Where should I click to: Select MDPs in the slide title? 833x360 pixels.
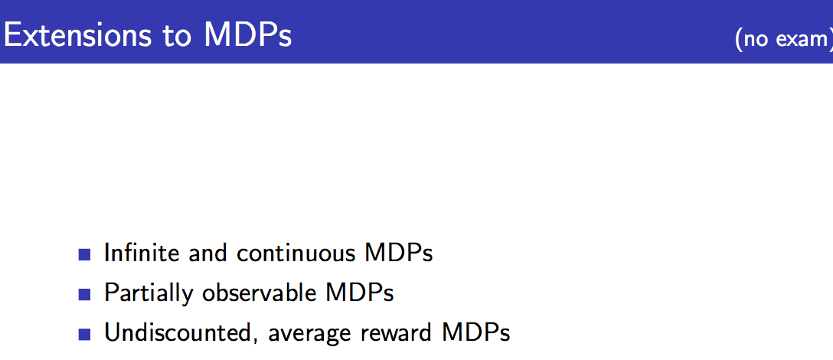[248, 36]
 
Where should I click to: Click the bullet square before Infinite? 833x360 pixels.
[84, 254]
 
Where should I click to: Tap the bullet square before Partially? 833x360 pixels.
[84, 294]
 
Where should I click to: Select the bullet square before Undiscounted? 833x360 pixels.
[84, 334]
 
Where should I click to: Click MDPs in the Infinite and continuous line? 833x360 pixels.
[398, 253]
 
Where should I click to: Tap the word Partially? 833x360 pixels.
[149, 294]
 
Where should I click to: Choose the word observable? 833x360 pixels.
[259, 293]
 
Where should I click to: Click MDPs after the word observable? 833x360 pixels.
[360, 293]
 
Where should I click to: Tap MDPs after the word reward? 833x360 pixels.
[476, 332]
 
